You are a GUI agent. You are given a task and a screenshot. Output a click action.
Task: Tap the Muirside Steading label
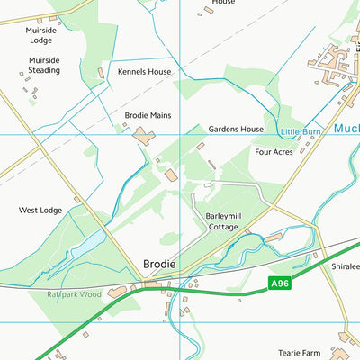pyautogui.click(x=39, y=66)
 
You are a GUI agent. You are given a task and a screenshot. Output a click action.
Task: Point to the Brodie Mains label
pyautogui.click(x=147, y=116)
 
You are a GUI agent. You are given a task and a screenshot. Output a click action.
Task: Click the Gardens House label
pyautogui.click(x=236, y=130)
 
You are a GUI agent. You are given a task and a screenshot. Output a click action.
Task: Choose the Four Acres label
pyautogui.click(x=274, y=152)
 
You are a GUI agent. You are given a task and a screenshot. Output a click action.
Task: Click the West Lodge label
pyautogui.click(x=40, y=211)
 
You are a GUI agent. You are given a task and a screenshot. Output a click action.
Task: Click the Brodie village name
pyautogui.click(x=158, y=265)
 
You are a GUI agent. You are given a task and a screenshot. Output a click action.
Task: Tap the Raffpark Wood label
pyautogui.click(x=76, y=294)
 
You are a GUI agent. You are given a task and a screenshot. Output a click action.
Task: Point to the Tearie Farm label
pyautogui.click(x=299, y=353)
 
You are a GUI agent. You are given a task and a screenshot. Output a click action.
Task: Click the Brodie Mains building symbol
pyautogui.click(x=145, y=136)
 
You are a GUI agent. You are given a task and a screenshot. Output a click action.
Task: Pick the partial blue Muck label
pyautogui.click(x=346, y=129)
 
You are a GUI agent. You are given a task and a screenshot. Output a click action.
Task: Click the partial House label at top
pyautogui.click(x=223, y=3)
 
